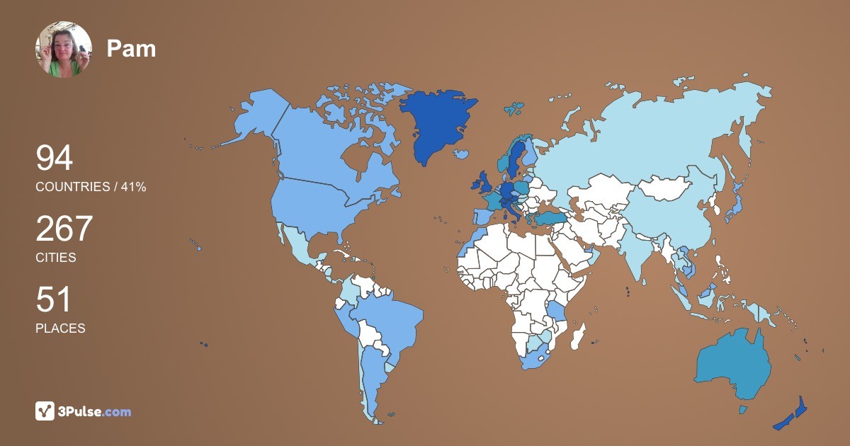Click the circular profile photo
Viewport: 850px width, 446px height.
[64, 50]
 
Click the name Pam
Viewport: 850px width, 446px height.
[131, 49]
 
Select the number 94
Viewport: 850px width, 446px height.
[55, 159]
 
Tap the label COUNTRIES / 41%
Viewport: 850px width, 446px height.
[91, 187]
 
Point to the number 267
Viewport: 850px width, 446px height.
[64, 229]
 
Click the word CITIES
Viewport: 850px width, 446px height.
[56, 258]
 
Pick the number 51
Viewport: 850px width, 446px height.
[54, 300]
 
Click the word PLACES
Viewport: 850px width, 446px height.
[60, 328]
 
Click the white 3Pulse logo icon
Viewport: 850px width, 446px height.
[45, 411]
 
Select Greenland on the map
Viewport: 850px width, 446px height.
[436, 124]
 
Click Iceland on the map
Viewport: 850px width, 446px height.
[462, 154]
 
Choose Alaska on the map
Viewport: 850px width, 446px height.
[251, 117]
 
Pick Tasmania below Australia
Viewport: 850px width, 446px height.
[743, 409]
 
